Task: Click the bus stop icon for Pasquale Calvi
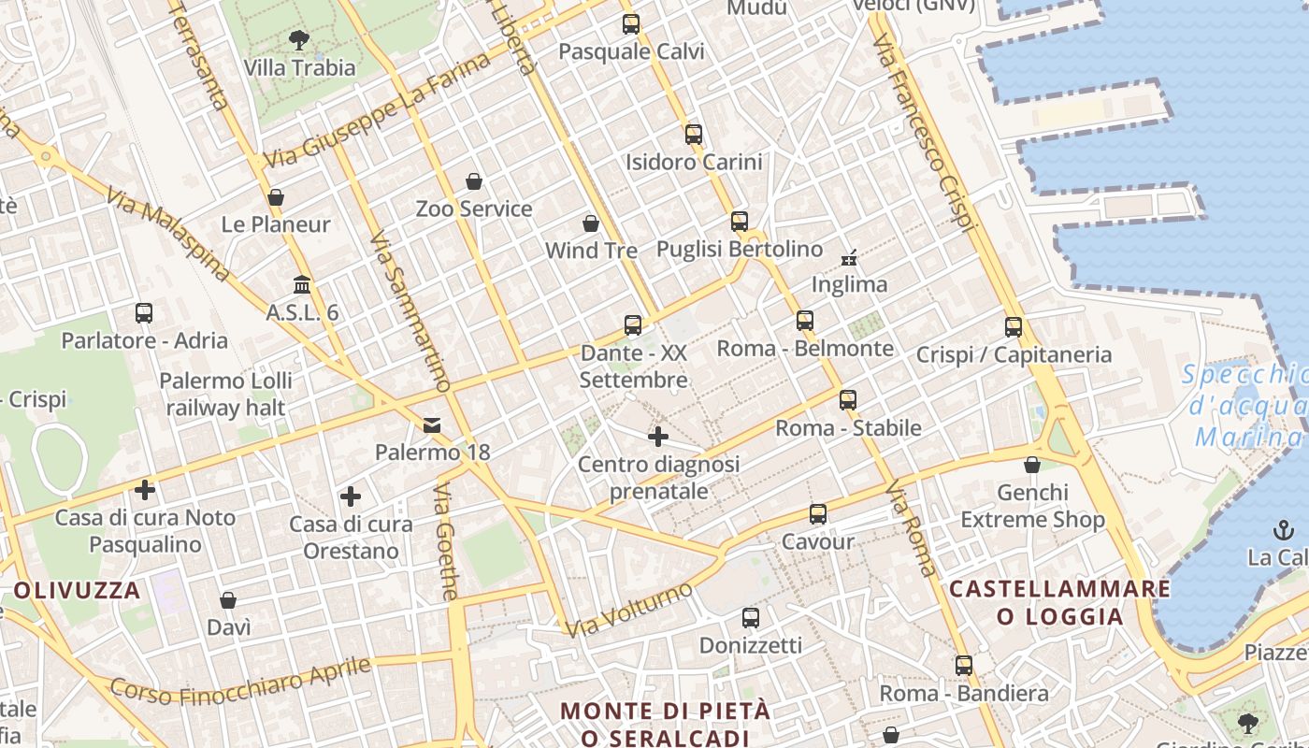(x=631, y=24)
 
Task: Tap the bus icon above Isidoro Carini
(x=693, y=134)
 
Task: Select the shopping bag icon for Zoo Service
(x=474, y=181)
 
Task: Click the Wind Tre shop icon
(x=591, y=223)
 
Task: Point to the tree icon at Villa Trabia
(x=299, y=40)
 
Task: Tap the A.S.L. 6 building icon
(x=302, y=284)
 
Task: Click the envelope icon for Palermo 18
(x=432, y=425)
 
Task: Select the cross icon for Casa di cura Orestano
(x=351, y=496)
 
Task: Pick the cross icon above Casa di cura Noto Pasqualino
(x=145, y=490)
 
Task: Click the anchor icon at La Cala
(x=1283, y=531)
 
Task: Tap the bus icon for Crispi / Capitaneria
(x=1014, y=327)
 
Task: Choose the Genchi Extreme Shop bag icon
(x=1032, y=465)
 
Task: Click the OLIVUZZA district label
(x=77, y=591)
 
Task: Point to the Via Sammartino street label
(x=410, y=311)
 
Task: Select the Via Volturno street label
(x=629, y=610)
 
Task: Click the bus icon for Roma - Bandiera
(x=964, y=666)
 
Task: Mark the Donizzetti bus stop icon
(x=750, y=617)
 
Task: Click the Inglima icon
(x=849, y=256)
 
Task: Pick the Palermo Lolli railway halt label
(x=225, y=395)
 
